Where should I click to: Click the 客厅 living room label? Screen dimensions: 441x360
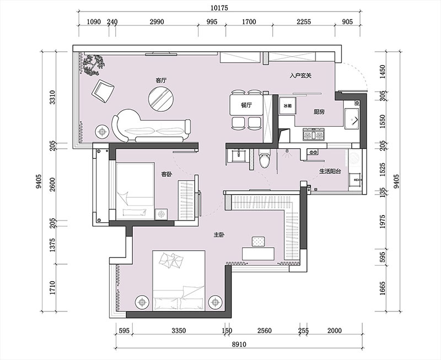click(161, 80)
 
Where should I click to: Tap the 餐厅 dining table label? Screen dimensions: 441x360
click(246, 105)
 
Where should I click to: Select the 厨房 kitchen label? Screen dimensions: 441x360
click(319, 112)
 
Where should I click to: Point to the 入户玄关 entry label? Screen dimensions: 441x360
click(300, 76)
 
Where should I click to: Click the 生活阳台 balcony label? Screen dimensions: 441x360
click(330, 171)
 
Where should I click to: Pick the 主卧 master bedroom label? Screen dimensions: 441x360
click(218, 235)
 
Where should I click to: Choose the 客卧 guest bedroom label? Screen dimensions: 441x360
click(166, 174)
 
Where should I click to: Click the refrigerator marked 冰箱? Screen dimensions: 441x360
click(287, 106)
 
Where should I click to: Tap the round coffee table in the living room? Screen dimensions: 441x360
click(161, 99)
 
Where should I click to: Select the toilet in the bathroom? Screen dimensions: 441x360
click(265, 159)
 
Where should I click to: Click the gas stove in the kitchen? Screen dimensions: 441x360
click(314, 135)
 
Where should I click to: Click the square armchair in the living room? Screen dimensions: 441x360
click(103, 91)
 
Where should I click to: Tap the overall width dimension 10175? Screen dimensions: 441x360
click(219, 8)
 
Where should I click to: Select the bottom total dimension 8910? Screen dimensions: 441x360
click(239, 344)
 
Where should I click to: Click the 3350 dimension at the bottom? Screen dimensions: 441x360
click(179, 330)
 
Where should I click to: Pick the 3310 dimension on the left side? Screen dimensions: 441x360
click(52, 98)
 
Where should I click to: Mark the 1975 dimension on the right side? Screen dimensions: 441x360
click(383, 221)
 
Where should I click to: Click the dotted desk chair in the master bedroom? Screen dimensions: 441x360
click(259, 241)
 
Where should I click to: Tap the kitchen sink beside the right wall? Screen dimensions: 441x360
click(352, 118)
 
